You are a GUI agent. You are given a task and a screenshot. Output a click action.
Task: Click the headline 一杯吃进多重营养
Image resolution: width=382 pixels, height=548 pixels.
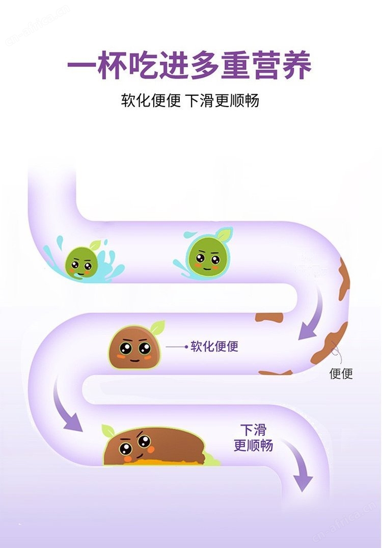(189, 66)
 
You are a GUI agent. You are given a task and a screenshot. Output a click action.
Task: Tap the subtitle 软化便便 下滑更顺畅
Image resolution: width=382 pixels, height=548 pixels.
(190, 100)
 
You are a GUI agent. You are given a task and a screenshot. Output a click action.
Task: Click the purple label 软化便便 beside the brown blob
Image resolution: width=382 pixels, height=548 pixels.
(214, 346)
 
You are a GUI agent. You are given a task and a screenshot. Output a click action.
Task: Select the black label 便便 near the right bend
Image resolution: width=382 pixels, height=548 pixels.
(341, 373)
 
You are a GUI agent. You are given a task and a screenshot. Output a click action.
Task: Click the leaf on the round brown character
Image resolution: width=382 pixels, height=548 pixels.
(157, 327)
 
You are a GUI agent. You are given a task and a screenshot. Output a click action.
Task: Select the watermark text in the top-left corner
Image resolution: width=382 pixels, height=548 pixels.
(37, 25)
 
